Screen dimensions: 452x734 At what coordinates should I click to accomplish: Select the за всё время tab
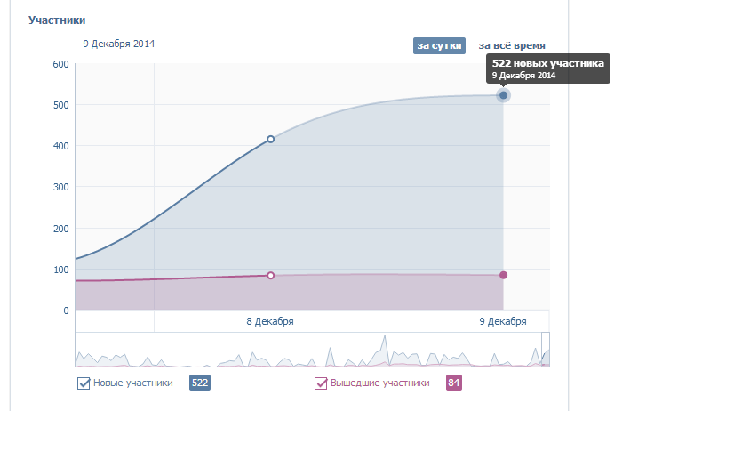click(512, 45)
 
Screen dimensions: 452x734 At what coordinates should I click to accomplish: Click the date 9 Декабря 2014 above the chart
click(119, 44)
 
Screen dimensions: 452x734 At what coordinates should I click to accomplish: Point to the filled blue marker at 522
click(503, 95)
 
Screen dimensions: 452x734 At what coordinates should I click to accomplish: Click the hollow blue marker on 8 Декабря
click(271, 139)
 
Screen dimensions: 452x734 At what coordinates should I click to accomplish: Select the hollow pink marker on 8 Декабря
click(271, 276)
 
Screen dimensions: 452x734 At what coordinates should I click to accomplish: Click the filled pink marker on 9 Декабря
click(503, 275)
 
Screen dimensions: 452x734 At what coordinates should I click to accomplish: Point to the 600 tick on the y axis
click(60, 64)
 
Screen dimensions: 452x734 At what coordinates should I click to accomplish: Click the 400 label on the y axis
click(60, 146)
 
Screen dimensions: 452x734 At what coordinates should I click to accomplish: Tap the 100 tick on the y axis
click(60, 270)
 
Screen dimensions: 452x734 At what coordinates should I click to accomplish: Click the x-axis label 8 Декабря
click(270, 321)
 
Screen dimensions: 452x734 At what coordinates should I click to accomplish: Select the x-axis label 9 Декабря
click(503, 321)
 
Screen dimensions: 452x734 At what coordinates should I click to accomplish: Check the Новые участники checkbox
click(84, 383)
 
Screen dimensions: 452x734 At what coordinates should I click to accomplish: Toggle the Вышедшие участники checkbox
click(321, 383)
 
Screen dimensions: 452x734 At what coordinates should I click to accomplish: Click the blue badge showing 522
click(200, 383)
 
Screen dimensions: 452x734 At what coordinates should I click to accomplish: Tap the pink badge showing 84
click(454, 383)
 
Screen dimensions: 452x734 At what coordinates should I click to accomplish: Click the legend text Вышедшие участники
click(380, 383)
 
